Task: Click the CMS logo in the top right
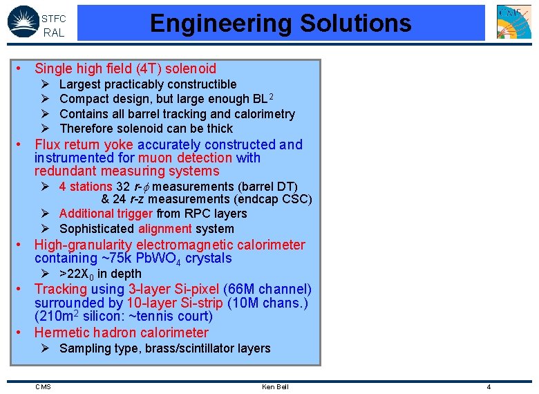point(514,21)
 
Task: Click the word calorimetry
point(265,114)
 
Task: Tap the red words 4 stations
point(86,187)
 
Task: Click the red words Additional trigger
point(106,214)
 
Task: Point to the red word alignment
point(165,229)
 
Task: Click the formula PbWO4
point(183,259)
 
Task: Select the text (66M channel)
point(268,289)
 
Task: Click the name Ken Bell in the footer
point(275,386)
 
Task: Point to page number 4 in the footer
point(489,386)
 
